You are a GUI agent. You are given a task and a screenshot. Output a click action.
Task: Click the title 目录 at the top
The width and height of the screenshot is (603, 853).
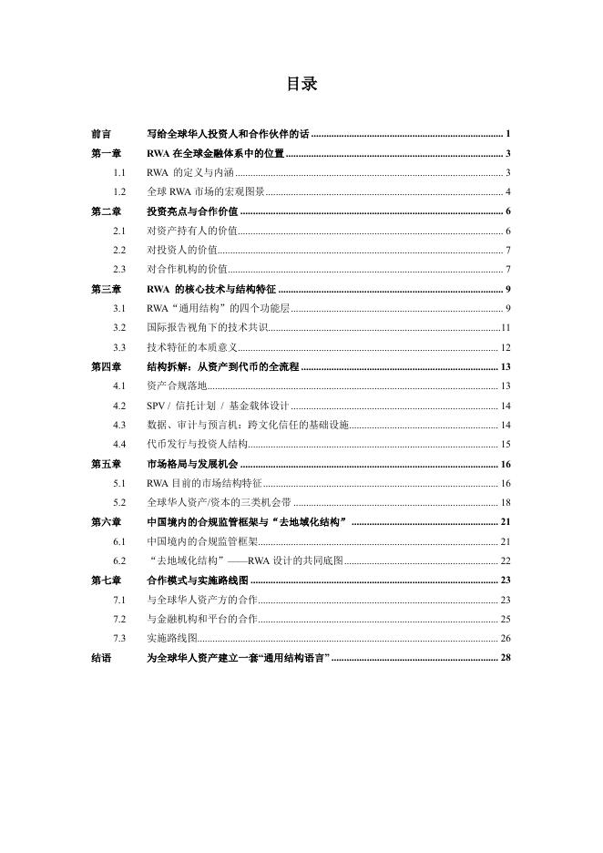click(301, 85)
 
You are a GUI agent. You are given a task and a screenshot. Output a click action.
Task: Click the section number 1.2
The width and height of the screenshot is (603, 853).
click(119, 191)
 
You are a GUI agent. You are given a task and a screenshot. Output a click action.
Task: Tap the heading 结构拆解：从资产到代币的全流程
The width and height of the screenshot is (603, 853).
click(222, 366)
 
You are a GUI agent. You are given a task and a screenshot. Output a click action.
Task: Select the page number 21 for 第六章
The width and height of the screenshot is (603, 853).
click(506, 521)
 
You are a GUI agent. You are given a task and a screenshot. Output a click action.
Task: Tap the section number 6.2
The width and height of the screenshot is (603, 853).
click(119, 560)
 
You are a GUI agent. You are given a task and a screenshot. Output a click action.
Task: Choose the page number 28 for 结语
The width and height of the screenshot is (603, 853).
click(506, 657)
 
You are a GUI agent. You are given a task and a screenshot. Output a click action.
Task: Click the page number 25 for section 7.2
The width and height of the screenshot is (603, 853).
click(506, 619)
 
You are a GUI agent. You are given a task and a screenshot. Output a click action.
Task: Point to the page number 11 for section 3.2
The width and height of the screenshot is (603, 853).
click(506, 327)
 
